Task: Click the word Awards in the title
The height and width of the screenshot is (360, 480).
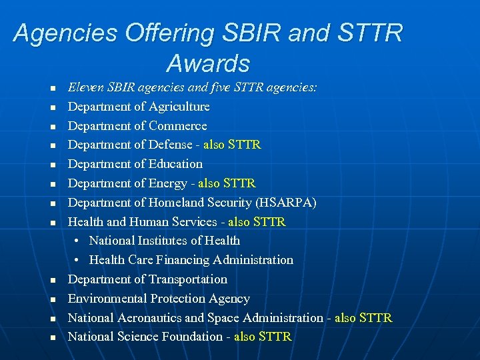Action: pyautogui.click(x=208, y=63)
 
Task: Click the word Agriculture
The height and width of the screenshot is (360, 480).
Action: pyautogui.click(x=179, y=107)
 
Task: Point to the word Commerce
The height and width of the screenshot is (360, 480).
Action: pyautogui.click(x=178, y=126)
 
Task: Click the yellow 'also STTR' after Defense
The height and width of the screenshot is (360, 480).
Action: pyautogui.click(x=232, y=145)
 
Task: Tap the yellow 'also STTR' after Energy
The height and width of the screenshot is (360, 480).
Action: pyautogui.click(x=227, y=183)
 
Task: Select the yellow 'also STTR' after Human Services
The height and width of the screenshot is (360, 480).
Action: pyautogui.click(x=257, y=222)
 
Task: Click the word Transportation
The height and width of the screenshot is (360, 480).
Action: pyautogui.click(x=188, y=279)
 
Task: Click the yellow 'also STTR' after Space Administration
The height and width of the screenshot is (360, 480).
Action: pyautogui.click(x=363, y=318)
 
